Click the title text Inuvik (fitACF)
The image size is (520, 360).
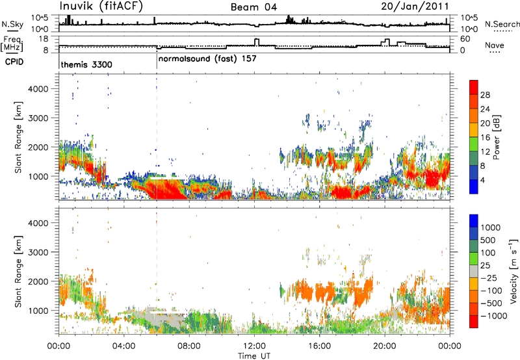coord(101,6)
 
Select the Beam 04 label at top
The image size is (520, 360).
coord(253,7)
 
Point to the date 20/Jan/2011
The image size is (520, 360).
coord(415,6)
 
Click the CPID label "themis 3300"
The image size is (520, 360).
coord(86,64)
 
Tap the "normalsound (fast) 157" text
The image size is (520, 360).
coord(207,58)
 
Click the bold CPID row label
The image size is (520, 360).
coord(14,62)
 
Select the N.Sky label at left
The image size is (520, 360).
coord(12,24)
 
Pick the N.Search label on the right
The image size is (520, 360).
coord(502,24)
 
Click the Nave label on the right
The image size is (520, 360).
coord(495,45)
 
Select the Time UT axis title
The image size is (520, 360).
coord(254,356)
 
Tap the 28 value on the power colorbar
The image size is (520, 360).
coord(485,95)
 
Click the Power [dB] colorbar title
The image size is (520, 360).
coord(496,137)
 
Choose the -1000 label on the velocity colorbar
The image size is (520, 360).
coord(494,316)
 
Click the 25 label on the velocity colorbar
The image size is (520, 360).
coord(485,266)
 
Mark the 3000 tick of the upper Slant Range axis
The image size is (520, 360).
coord(38,118)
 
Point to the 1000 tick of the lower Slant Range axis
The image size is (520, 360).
coord(38,311)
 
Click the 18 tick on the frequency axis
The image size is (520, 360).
coord(44,39)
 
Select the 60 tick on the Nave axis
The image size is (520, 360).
coord(465,39)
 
